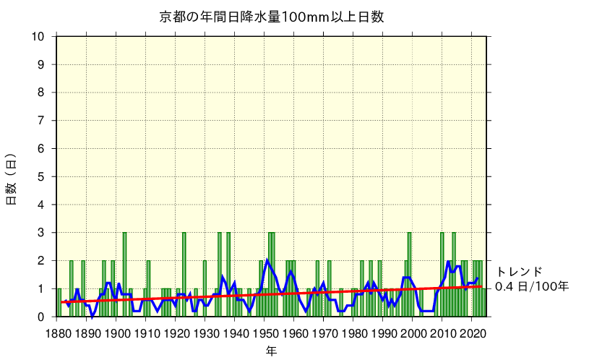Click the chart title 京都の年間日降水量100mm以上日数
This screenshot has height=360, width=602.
point(271,17)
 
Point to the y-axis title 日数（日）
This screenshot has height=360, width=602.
point(12,179)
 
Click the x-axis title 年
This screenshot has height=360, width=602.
point(270,351)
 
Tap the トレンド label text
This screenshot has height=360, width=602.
point(519,272)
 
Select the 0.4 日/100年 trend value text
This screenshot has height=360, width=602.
point(532,287)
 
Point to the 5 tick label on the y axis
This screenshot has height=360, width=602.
point(42,176)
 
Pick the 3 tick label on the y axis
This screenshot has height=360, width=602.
point(42,233)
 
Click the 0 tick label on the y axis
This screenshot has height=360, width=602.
point(42,317)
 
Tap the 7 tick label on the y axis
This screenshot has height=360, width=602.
point(42,121)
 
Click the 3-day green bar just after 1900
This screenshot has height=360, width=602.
point(124,275)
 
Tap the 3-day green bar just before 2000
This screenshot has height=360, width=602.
point(409,275)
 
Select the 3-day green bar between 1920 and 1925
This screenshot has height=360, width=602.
point(184,275)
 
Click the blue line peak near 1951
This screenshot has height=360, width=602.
point(267,260)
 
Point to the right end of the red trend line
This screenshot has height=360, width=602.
point(482,286)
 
